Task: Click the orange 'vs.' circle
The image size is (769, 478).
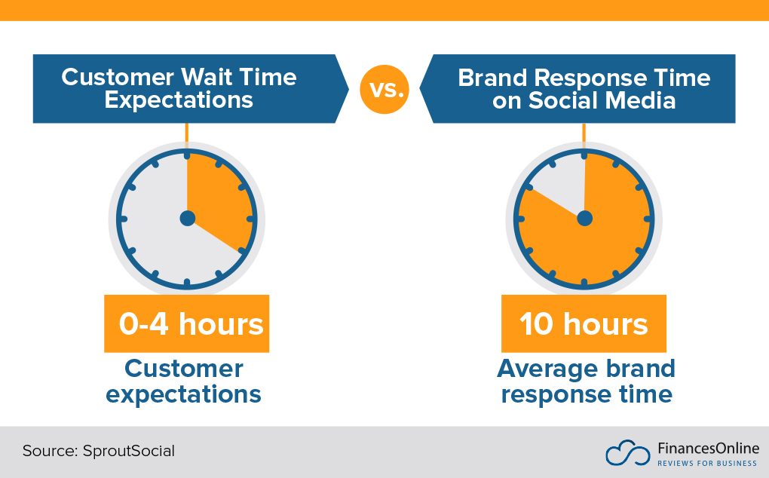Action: tap(384, 90)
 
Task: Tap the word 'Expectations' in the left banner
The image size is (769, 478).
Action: tap(179, 100)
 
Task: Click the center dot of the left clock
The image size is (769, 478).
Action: tap(187, 219)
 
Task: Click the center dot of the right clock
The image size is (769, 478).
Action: tap(584, 219)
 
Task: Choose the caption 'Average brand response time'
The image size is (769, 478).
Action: tap(586, 381)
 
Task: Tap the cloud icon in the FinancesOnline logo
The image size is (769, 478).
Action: tap(627, 452)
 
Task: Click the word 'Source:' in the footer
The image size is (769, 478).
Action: tap(47, 452)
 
